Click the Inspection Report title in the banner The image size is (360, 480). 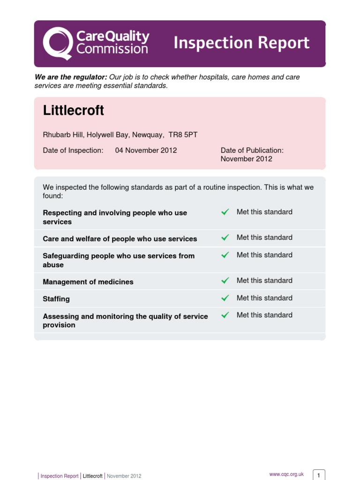pyautogui.click(x=241, y=43)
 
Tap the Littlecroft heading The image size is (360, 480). pyautogui.click(x=74, y=111)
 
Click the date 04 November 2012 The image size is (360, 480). pyautogui.click(x=146, y=150)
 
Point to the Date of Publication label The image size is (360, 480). pyautogui.click(x=252, y=150)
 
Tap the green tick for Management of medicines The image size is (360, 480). pyautogui.click(x=225, y=281)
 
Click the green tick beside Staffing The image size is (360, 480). pyautogui.click(x=225, y=298)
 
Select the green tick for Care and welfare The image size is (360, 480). pyautogui.click(x=225, y=238)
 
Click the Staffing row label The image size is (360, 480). pyautogui.click(x=56, y=299)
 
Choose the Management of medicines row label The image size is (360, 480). pyautogui.click(x=88, y=282)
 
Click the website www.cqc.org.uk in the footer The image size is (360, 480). pyautogui.click(x=287, y=474)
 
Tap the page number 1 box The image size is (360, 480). pyautogui.click(x=319, y=475)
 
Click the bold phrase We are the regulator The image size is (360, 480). pyautogui.click(x=71, y=77)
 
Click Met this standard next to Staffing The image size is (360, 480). pyautogui.click(x=264, y=298)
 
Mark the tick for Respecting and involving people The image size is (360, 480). pyautogui.click(x=225, y=212)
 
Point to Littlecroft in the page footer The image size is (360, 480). pyautogui.click(x=92, y=476)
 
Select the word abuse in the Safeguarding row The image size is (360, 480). pyautogui.click(x=53, y=265)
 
